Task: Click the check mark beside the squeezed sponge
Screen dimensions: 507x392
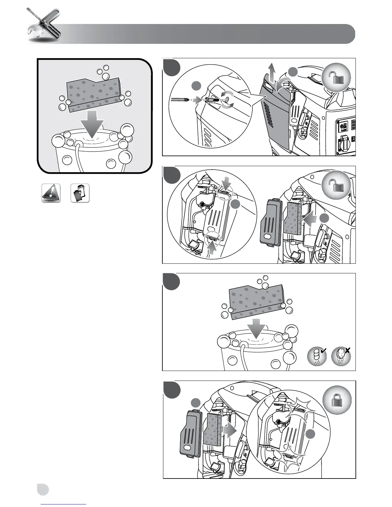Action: (323, 351)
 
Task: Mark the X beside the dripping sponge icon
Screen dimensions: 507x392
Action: (348, 351)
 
